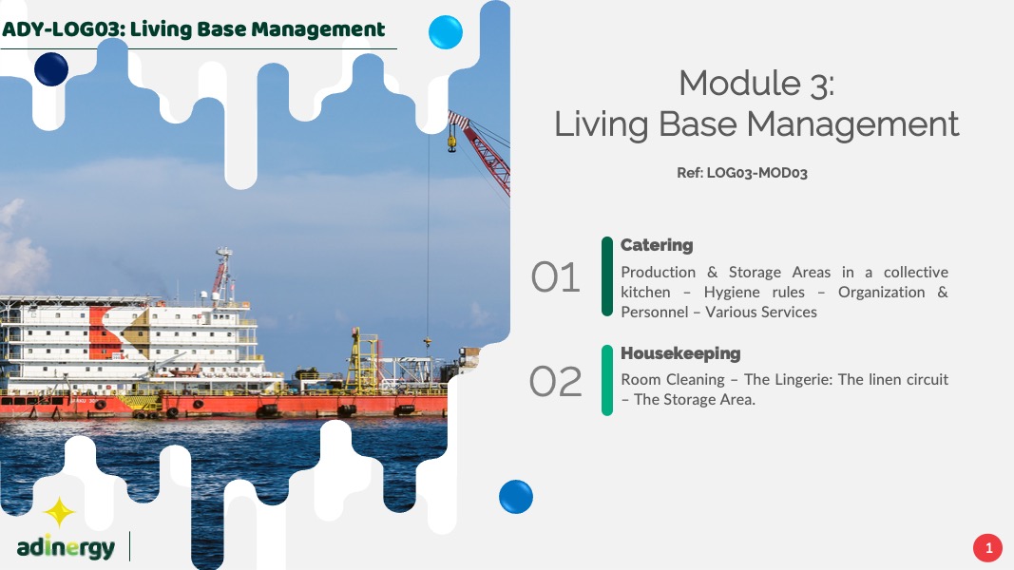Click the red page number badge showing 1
pyautogui.click(x=987, y=548)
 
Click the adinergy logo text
pyautogui.click(x=66, y=548)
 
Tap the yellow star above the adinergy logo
pyautogui.click(x=60, y=512)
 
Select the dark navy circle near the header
pyautogui.click(x=51, y=69)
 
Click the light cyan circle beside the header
pyautogui.click(x=446, y=32)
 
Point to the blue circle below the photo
pyautogui.click(x=516, y=497)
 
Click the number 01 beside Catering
pyautogui.click(x=555, y=278)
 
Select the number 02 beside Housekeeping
pyautogui.click(x=556, y=381)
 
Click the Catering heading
pyautogui.click(x=657, y=246)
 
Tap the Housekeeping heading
pyautogui.click(x=680, y=353)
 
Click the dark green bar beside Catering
pyautogui.click(x=606, y=276)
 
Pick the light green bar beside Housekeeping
pyautogui.click(x=606, y=380)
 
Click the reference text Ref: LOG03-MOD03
pyautogui.click(x=742, y=173)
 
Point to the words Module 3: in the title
pyautogui.click(x=756, y=84)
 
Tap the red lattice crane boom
pyautogui.click(x=481, y=151)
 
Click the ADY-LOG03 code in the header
pyautogui.click(x=62, y=29)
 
